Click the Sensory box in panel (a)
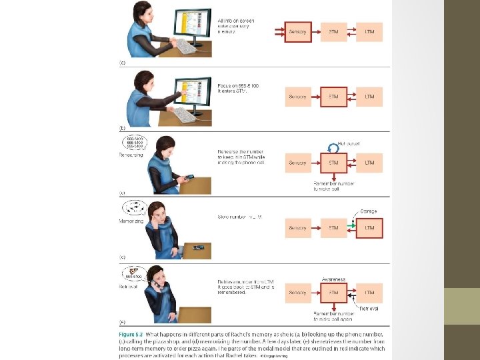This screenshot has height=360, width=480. [297, 32]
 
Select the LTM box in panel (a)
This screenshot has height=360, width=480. [369, 32]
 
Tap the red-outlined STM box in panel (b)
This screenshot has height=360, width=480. [333, 97]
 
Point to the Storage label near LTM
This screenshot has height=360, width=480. [369, 211]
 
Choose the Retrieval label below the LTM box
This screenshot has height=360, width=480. [369, 309]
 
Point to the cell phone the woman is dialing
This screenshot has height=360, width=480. [189, 177]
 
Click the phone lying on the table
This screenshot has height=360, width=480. [198, 248]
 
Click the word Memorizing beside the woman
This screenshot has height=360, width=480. [131, 220]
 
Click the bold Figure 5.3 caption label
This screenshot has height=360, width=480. [133, 332]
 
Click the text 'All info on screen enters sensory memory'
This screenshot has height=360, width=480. [234, 27]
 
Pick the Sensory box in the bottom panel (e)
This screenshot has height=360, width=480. [297, 293]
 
